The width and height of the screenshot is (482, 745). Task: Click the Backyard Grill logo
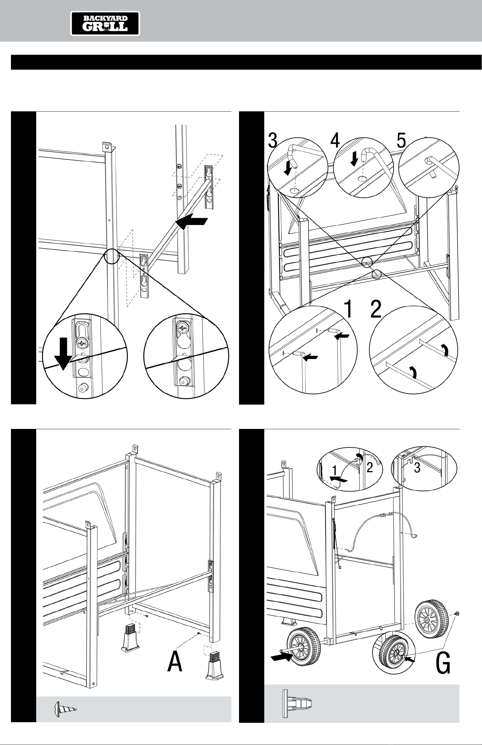point(105,23)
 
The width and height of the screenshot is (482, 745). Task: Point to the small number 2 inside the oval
point(370,468)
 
